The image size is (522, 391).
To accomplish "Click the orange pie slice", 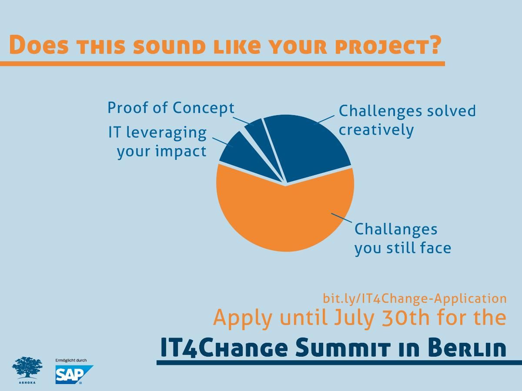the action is pyautogui.click(x=285, y=214).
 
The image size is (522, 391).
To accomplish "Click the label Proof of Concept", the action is pyautogui.click(x=171, y=109).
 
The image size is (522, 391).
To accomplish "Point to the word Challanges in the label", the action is pyautogui.click(x=396, y=230).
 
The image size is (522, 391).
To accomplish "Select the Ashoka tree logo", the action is pyautogui.click(x=27, y=370).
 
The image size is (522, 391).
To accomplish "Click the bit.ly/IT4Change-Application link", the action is pyautogui.click(x=415, y=298).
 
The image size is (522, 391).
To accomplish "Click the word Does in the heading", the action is pyautogui.click(x=39, y=45).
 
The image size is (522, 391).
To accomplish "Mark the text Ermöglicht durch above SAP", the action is pyautogui.click(x=71, y=361).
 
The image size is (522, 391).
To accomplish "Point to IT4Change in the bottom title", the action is pyautogui.click(x=224, y=348).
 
